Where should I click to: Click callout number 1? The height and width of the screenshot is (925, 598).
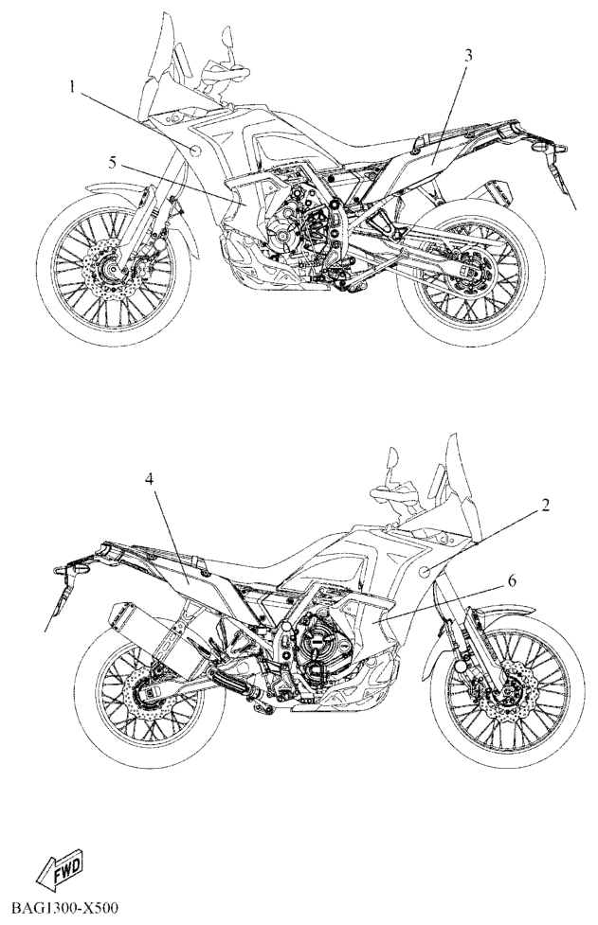click(x=72, y=88)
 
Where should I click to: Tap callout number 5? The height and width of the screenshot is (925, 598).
click(x=113, y=162)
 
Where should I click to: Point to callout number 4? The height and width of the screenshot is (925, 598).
click(x=150, y=480)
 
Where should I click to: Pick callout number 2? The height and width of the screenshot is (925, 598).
click(x=546, y=505)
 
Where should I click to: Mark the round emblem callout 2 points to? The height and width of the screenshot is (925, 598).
click(x=425, y=571)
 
